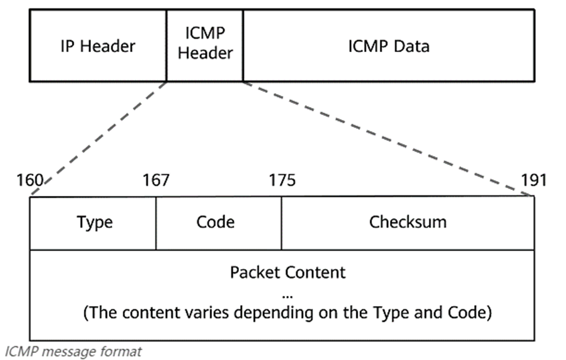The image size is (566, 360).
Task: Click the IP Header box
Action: pyautogui.click(x=98, y=46)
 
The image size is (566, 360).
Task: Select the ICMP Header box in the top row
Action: pyautogui.click(x=205, y=45)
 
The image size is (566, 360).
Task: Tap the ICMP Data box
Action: pyautogui.click(x=389, y=46)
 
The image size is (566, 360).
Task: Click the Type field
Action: pyautogui.click(x=94, y=222)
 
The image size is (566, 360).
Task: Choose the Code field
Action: pyautogui.click(x=215, y=222)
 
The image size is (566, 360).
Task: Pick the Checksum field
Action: pyautogui.click(x=407, y=222)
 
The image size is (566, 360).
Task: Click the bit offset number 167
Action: pyautogui.click(x=156, y=180)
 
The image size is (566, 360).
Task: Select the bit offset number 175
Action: pyautogui.click(x=282, y=180)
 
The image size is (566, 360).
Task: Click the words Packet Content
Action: pyautogui.click(x=287, y=273)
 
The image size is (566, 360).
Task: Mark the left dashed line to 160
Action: pyautogui.click(x=99, y=138)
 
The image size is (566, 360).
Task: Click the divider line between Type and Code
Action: pyautogui.click(x=156, y=223)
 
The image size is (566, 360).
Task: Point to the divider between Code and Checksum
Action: pyautogui.click(x=282, y=223)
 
